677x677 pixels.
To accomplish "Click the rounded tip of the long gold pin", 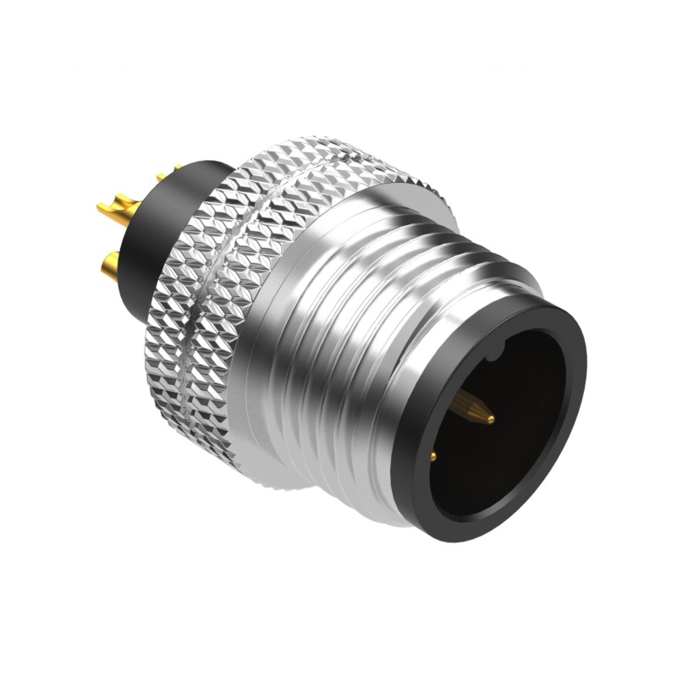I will [x=490, y=417].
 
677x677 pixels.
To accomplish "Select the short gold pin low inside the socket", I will [x=434, y=457].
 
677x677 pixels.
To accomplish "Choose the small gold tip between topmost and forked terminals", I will [x=161, y=177].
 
